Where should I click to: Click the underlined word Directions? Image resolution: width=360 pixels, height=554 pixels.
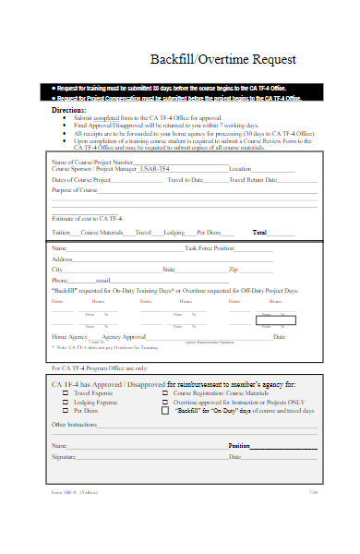pos(69,109)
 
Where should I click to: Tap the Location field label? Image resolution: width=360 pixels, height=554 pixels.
pos(241,169)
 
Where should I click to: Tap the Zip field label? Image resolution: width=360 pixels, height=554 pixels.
pos(234,270)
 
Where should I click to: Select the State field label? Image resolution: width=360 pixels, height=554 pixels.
pos(169,270)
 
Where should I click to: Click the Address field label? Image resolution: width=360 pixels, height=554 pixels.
pos(63,259)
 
